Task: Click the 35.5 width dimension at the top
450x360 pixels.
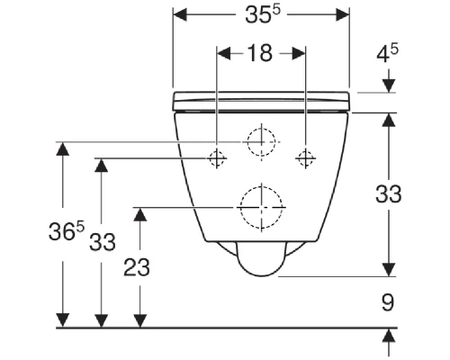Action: (x=263, y=14)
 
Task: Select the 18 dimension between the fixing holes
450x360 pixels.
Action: (x=261, y=53)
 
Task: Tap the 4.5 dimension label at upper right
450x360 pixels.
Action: (x=387, y=54)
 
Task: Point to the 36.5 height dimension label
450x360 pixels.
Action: (x=67, y=231)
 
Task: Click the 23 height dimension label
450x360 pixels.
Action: (x=137, y=267)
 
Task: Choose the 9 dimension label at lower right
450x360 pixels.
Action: (x=388, y=302)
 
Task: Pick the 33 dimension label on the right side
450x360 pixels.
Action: (x=389, y=193)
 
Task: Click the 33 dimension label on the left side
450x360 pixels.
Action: (x=103, y=242)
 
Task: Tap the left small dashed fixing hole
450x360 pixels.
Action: (x=217, y=158)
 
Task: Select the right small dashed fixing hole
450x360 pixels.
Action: (x=305, y=158)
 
